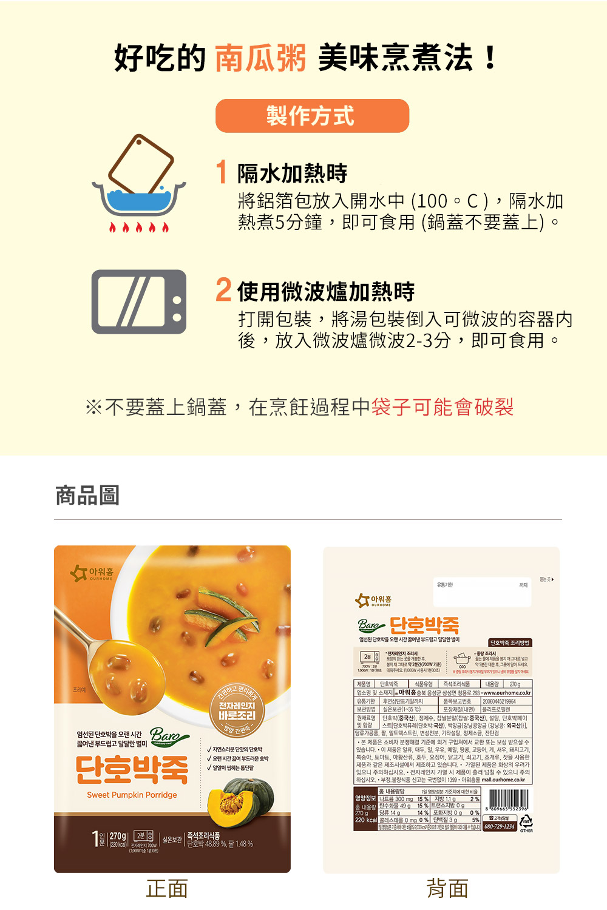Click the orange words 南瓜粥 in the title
[260, 58]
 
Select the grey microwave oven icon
[139, 302]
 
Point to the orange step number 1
[222, 173]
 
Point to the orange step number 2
[223, 291]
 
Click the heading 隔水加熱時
[292, 174]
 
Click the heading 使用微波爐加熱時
[326, 292]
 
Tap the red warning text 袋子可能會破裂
[443, 406]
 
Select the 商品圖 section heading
[87, 495]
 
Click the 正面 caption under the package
[167, 889]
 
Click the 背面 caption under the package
[447, 889]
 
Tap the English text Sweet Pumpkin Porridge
[132, 795]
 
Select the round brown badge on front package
[237, 710]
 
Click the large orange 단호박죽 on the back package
[424, 625]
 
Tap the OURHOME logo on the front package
[92, 573]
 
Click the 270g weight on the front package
[118, 837]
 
